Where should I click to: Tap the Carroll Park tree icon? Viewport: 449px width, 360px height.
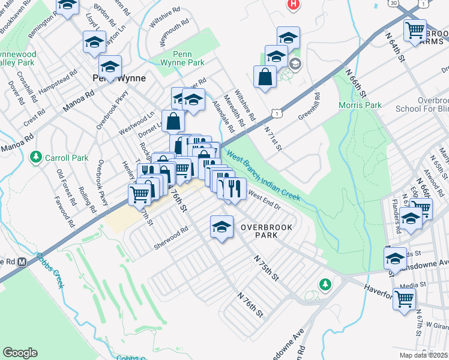36,157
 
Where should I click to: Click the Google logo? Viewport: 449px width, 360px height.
20,353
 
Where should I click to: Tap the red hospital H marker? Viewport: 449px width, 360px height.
293,5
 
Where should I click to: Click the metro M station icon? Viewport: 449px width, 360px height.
22,262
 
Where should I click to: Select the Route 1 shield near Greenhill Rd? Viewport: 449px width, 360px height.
276,113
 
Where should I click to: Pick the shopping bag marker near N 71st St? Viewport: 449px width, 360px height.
265,77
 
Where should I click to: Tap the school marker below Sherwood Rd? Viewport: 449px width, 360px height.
221,227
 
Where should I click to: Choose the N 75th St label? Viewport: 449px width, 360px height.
267,268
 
